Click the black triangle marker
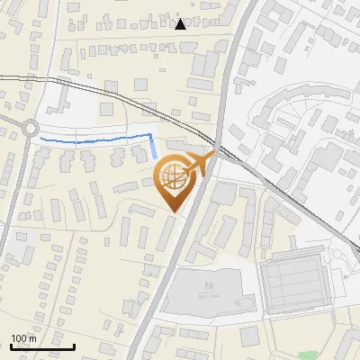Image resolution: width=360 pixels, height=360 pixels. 181,24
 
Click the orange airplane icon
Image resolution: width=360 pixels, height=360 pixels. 199,163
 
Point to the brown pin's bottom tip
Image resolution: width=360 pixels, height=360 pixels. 173,211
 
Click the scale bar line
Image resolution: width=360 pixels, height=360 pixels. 42,346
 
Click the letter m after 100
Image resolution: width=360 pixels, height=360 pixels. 32,338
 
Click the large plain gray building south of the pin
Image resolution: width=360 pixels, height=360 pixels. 205,292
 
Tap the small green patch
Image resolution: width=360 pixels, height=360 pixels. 309,355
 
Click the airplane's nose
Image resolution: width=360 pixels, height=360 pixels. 214,156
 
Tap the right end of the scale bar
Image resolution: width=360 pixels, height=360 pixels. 74,346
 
